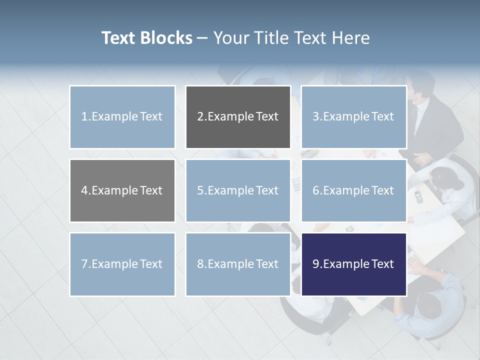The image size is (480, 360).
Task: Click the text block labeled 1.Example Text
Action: pyautogui.click(x=122, y=117)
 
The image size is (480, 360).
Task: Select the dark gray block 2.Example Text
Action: pyautogui.click(x=238, y=117)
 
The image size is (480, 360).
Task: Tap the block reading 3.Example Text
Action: pyautogui.click(x=353, y=117)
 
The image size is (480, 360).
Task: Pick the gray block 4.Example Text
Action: pyautogui.click(x=122, y=190)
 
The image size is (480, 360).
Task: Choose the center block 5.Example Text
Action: pyautogui.click(x=238, y=190)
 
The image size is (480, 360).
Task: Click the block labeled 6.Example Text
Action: pyautogui.click(x=353, y=190)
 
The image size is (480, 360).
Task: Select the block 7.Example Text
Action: pyautogui.click(x=122, y=264)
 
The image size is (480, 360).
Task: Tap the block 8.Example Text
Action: pyautogui.click(x=238, y=264)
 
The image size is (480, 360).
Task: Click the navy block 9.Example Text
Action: pyautogui.click(x=353, y=264)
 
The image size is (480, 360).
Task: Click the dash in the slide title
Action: pyautogui.click(x=202, y=38)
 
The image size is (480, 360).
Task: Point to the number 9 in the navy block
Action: pyautogui.click(x=316, y=264)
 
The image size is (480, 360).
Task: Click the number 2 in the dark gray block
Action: pyautogui.click(x=200, y=117)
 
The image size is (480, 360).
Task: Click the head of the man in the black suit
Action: pyautogui.click(x=420, y=84)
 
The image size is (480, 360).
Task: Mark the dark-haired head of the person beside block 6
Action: pyautogui.click(x=442, y=178)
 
